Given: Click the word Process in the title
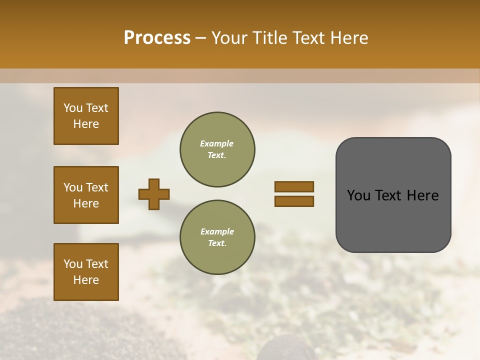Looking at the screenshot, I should point(157,38).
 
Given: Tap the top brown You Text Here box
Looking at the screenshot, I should point(86,116).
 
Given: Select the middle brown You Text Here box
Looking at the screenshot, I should point(86,195).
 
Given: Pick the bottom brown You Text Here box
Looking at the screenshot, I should point(86,272).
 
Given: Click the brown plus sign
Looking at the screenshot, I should point(154,194).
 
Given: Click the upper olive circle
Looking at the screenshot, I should point(217,149).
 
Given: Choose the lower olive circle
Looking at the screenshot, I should point(217,237).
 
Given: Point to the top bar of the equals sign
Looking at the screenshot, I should point(294,186).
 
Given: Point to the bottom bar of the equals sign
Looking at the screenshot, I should point(294,201).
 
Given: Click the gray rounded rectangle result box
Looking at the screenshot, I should point(393,195).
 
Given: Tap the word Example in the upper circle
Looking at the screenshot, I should point(217,143).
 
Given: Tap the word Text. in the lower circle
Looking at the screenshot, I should point(217,243).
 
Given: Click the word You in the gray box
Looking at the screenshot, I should point(359,195).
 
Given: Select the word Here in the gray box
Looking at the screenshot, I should point(422,195).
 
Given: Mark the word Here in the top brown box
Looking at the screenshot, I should point(86,124).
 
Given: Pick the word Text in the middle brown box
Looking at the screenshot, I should point(97,187).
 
